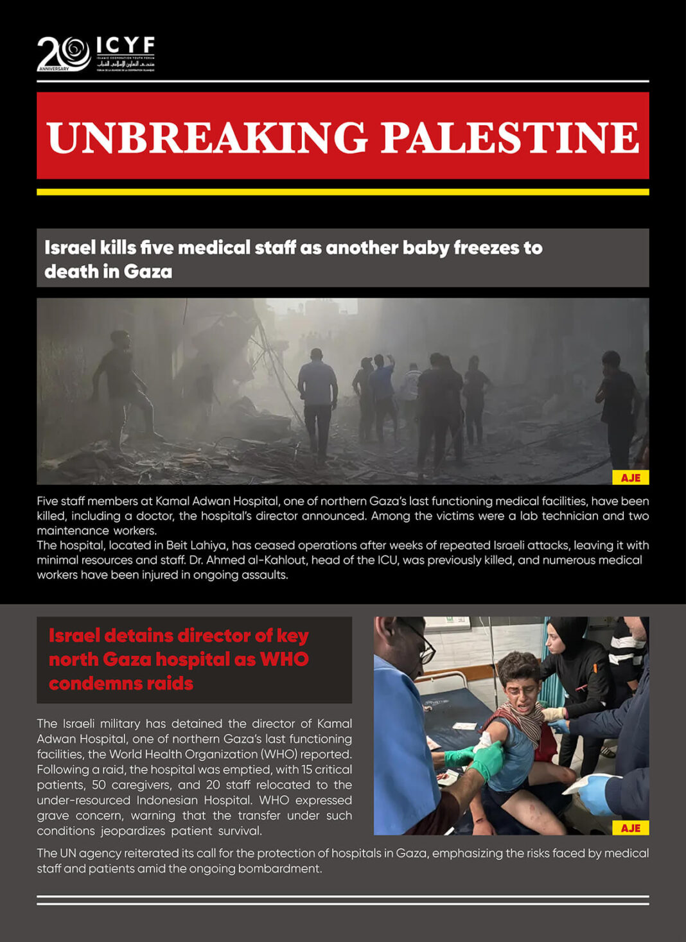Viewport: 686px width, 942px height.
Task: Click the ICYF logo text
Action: coord(125,46)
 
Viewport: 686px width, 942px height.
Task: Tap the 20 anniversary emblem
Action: coord(63,53)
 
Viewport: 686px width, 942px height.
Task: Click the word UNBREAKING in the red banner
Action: coord(207,137)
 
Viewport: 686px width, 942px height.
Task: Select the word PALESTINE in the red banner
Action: coord(510,137)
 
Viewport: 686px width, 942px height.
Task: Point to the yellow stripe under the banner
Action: coord(342,192)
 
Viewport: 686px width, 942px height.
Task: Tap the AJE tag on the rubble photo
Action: coord(630,478)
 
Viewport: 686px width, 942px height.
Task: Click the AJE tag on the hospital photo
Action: coord(630,828)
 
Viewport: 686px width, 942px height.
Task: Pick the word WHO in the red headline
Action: coord(284,659)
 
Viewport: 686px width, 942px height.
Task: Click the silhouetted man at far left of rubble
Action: coord(122,385)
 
